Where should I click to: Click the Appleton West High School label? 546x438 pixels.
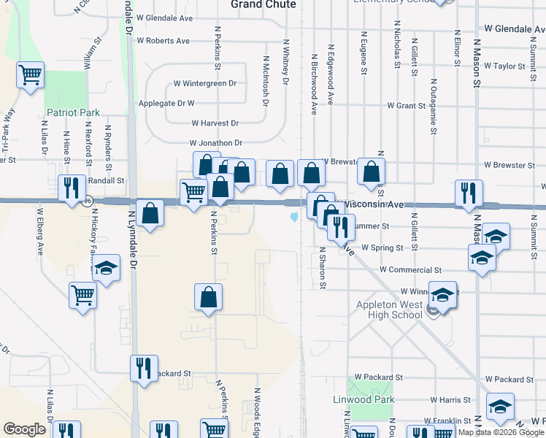click(389, 310)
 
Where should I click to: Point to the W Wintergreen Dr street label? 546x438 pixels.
click(204, 83)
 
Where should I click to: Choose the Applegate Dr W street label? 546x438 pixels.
click(166, 104)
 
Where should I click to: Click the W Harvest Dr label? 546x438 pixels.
click(215, 124)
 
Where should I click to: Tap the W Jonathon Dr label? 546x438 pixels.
click(215, 143)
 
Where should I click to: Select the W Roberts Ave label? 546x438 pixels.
click(163, 41)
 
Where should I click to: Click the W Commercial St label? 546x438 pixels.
click(410, 270)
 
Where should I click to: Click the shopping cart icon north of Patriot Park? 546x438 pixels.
click(31, 74)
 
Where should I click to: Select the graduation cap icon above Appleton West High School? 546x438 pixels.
click(442, 294)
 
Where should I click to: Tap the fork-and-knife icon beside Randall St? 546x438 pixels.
click(71, 188)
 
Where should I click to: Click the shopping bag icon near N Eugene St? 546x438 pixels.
click(372, 172)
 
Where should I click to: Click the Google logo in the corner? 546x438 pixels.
click(24, 429)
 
